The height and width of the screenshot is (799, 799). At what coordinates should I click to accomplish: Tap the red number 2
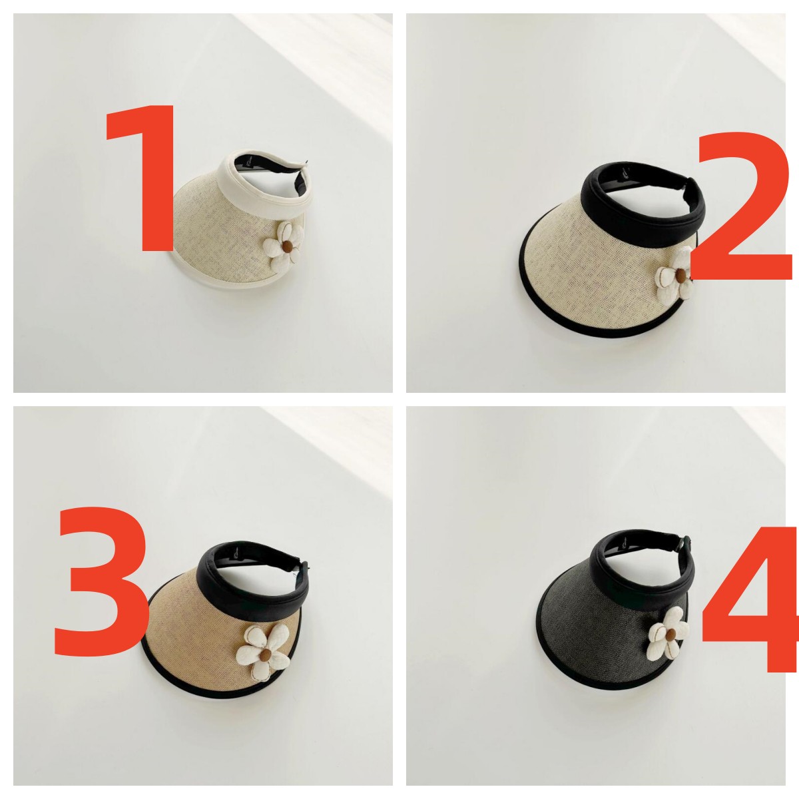coord(742,205)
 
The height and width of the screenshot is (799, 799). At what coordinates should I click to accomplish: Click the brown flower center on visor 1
coord(287,247)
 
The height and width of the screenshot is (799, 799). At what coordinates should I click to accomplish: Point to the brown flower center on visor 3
coord(266,655)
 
